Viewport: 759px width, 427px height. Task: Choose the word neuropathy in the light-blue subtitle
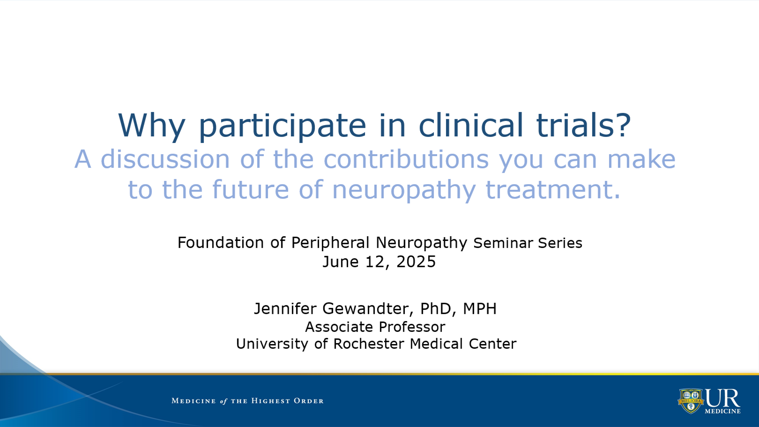click(x=404, y=190)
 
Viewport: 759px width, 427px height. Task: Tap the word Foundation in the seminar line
click(x=221, y=243)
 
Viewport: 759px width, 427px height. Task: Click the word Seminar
click(x=503, y=243)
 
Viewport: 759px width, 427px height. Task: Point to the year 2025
click(x=416, y=262)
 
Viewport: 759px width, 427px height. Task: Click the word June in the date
click(x=341, y=262)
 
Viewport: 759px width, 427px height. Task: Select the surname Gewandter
click(x=366, y=309)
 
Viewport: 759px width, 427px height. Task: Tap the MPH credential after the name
click(x=480, y=309)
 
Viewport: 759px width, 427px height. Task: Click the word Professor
click(x=412, y=327)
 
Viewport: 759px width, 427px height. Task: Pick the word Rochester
click(x=369, y=344)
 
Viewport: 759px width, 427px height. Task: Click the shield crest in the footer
click(x=691, y=401)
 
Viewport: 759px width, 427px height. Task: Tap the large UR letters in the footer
click(x=723, y=398)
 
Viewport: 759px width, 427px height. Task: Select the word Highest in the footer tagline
click(x=271, y=401)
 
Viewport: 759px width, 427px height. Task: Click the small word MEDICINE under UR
click(x=723, y=412)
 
